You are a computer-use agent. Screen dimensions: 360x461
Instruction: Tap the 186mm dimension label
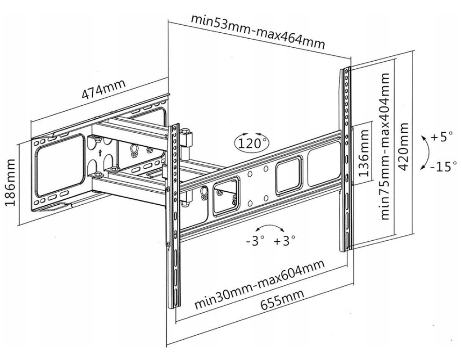click(x=11, y=181)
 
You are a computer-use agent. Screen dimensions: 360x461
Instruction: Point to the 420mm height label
click(x=403, y=147)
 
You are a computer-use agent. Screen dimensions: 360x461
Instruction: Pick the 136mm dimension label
click(x=364, y=149)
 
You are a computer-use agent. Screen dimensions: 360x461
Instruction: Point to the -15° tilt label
click(x=443, y=166)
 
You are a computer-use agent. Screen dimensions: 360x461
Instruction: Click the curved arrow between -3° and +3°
click(x=270, y=228)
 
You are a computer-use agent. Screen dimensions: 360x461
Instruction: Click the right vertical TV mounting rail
click(x=346, y=157)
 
